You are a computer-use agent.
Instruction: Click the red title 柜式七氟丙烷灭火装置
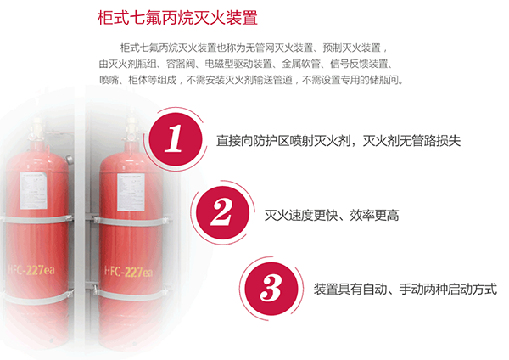[177, 18]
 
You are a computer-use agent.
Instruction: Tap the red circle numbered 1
[176, 139]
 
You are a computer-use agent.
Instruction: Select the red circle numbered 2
[222, 213]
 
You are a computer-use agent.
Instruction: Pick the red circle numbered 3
[271, 289]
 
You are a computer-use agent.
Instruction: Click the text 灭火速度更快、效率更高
[332, 215]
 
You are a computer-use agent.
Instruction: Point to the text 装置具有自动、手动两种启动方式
[406, 289]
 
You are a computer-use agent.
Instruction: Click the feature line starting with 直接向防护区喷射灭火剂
[338, 141]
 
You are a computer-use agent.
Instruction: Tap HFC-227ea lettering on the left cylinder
[31, 270]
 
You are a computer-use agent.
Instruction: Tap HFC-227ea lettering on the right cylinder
[128, 272]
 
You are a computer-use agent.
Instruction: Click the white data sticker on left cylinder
[33, 191]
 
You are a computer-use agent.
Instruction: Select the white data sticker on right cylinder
[131, 192]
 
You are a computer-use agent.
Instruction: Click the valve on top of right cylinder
[131, 129]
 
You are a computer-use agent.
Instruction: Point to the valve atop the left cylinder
[38, 130]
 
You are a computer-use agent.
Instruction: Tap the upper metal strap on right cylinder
[130, 222]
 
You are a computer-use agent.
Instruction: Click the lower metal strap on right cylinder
[130, 295]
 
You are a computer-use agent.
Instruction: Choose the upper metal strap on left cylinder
[36, 219]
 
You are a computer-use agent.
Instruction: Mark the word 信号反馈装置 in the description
[359, 64]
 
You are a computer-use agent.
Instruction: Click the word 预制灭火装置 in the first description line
[351, 48]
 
